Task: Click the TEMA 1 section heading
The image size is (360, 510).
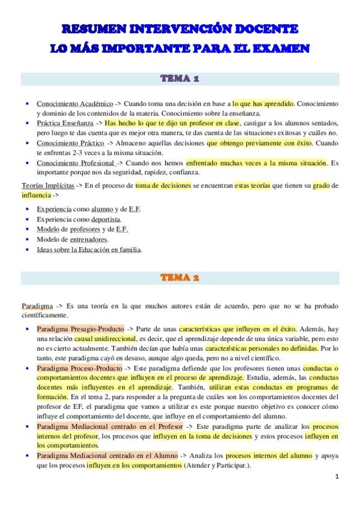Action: click(x=180, y=79)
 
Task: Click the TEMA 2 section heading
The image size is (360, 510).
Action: click(x=180, y=278)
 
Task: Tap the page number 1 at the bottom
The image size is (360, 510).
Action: click(x=337, y=476)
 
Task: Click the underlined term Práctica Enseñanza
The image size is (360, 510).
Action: click(x=64, y=123)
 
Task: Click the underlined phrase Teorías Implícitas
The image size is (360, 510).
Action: click(x=47, y=186)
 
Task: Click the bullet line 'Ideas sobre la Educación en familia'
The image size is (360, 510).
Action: click(x=89, y=249)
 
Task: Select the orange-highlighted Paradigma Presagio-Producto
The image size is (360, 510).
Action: click(x=80, y=329)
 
